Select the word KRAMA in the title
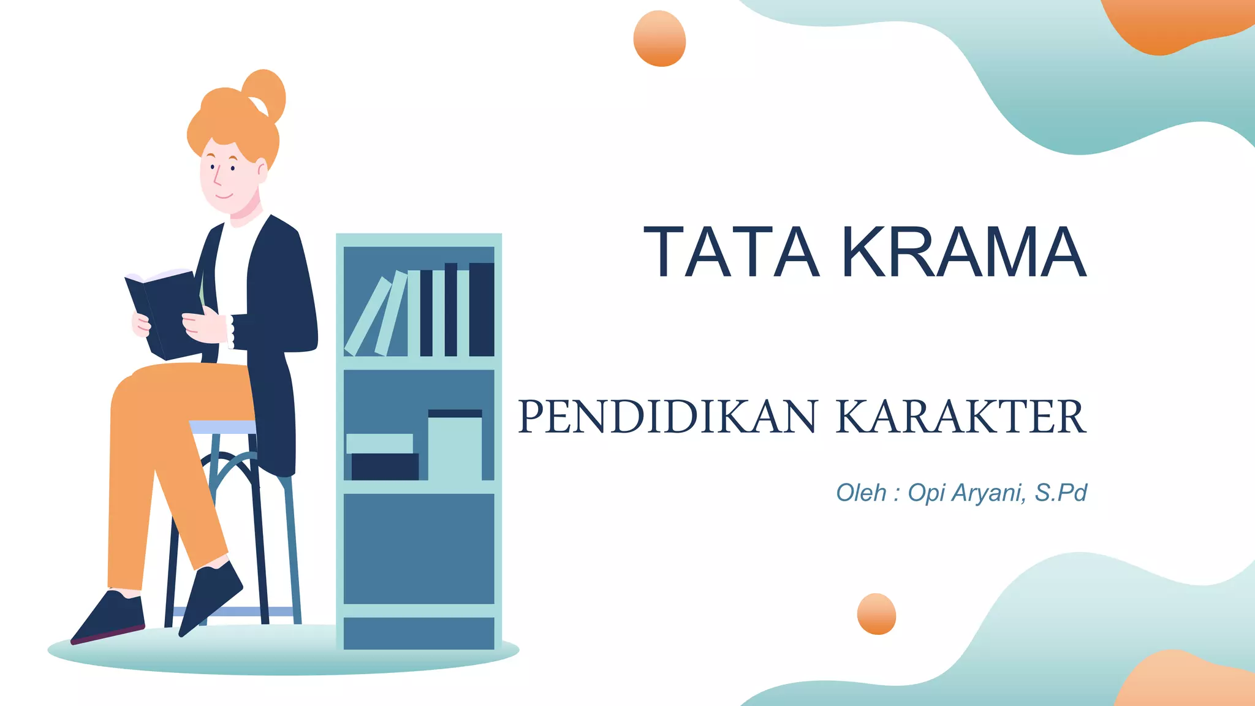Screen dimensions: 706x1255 point(964,252)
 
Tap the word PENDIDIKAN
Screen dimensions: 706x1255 point(667,417)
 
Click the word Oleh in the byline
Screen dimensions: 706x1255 point(861,493)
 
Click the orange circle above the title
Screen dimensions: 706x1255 point(659,39)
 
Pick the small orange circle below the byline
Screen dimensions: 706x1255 point(876,613)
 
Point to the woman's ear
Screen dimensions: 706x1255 point(262,170)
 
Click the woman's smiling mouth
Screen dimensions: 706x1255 point(223,196)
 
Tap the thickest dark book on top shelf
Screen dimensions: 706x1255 point(482,309)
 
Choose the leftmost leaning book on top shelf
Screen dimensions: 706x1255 point(368,316)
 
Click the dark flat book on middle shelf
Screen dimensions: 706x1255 point(385,466)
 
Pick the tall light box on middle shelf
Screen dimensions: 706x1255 point(454,447)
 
